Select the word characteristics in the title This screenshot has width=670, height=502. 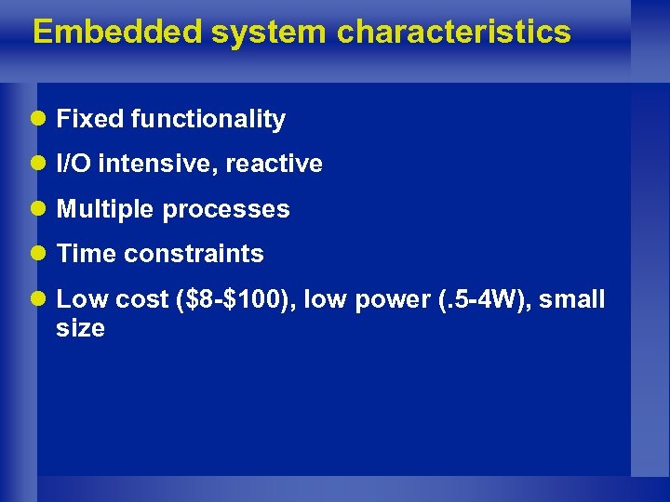click(x=453, y=32)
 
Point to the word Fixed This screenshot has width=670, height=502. click(x=90, y=119)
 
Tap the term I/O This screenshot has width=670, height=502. click(x=74, y=165)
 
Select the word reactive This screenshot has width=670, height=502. click(x=274, y=165)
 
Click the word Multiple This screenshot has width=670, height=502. click(x=106, y=209)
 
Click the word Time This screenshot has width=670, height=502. click(x=87, y=254)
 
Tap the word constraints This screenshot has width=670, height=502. click(x=194, y=254)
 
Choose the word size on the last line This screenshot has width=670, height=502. click(x=80, y=328)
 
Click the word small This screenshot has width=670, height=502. click(x=570, y=299)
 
